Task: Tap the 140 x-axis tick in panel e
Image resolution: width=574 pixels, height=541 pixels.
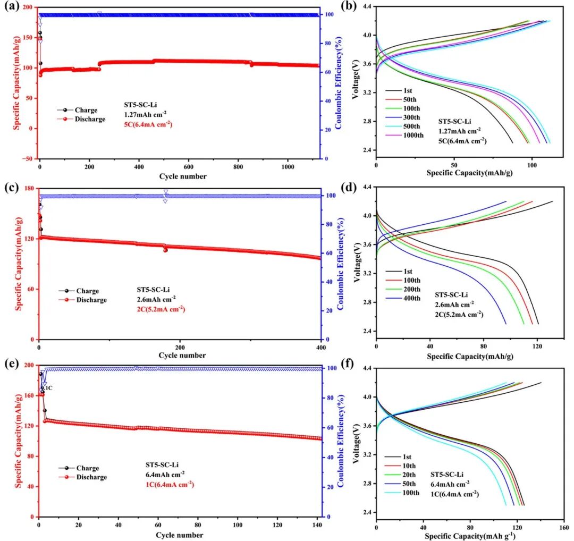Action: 317,523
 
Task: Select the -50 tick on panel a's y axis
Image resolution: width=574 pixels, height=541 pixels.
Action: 27,158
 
